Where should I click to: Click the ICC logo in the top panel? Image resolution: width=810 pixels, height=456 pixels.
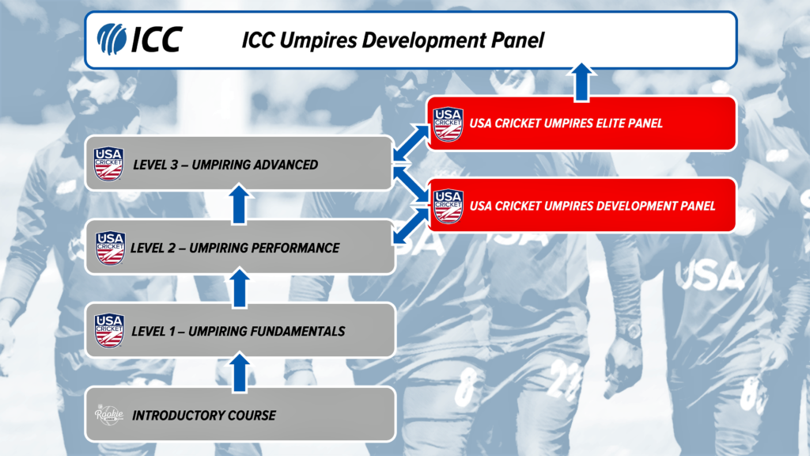[139, 38]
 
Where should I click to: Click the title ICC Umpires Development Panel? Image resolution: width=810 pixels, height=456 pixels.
[393, 40]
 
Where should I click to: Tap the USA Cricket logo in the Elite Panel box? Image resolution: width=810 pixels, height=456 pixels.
[448, 123]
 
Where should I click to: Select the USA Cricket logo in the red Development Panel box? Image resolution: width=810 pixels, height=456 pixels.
[449, 206]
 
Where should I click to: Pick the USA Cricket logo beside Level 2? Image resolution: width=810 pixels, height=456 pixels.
[110, 248]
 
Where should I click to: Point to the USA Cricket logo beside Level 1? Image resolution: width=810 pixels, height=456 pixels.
[109, 331]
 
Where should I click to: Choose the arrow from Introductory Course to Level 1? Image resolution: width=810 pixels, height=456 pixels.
[241, 371]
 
